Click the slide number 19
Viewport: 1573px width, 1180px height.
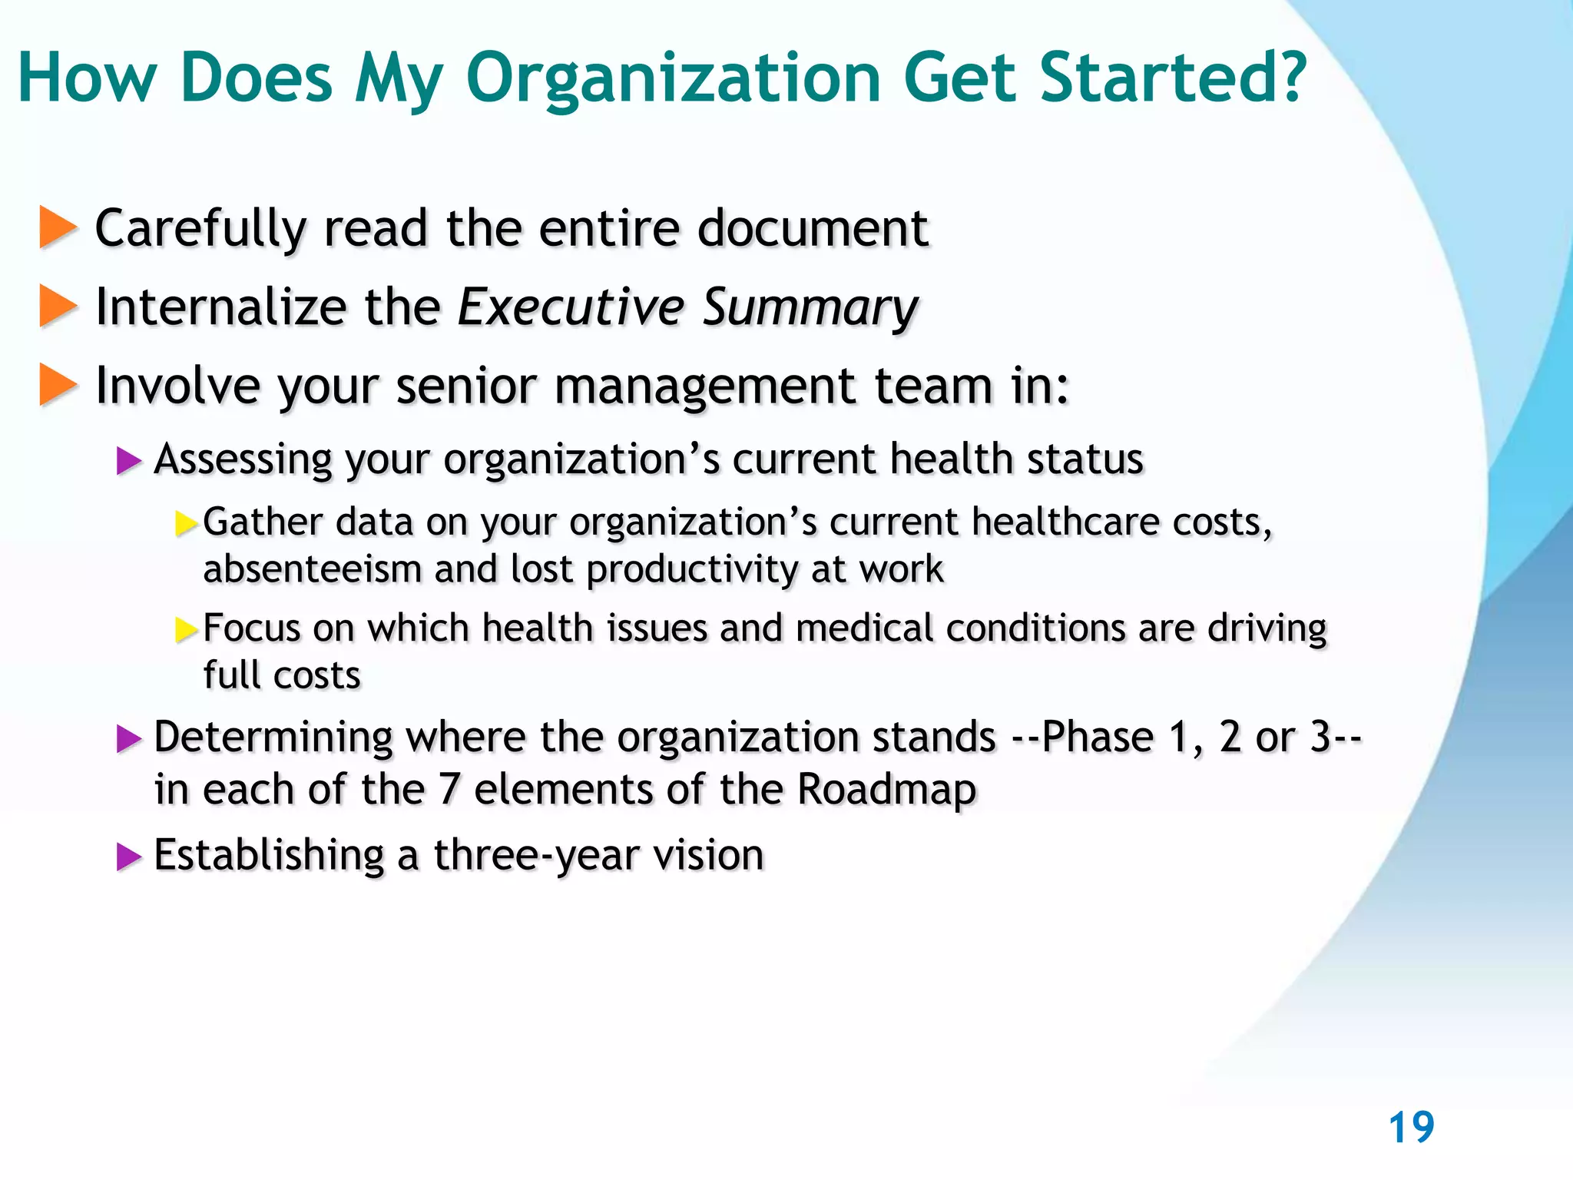pos(1411,1128)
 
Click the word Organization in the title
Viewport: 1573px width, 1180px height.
pos(674,78)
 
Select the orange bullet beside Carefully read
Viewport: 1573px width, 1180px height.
pos(58,228)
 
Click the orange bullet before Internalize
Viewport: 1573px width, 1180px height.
pos(58,306)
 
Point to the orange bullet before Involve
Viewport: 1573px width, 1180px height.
pos(58,385)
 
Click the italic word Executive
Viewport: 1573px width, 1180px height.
pos(571,307)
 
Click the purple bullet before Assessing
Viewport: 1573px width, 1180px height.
pos(129,462)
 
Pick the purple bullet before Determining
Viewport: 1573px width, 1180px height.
pos(129,739)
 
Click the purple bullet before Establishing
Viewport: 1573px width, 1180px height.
pos(129,857)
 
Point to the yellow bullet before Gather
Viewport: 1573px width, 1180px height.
pos(186,524)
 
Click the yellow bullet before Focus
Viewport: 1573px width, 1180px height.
pos(186,630)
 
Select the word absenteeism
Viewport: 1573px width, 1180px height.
pos(313,570)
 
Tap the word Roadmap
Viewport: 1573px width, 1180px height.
pos(886,790)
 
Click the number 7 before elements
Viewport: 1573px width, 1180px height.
pos(449,790)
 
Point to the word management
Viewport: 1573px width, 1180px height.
pos(704,386)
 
